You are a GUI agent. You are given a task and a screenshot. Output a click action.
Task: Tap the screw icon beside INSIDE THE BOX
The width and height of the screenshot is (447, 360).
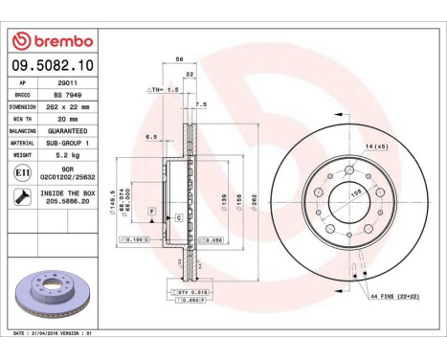point(21,197)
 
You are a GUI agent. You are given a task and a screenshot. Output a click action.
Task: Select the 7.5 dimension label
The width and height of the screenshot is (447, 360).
point(202,103)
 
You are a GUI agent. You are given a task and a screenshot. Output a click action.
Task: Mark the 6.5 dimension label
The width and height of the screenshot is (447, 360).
point(151,137)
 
